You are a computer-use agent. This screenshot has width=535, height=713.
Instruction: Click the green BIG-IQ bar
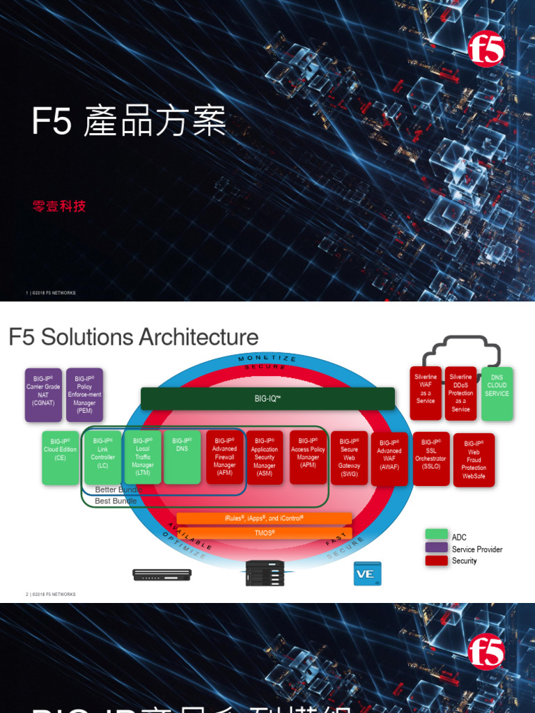267,398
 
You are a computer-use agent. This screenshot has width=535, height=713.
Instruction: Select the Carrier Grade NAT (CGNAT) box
43,395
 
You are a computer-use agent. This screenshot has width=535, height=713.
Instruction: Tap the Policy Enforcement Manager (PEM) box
84,395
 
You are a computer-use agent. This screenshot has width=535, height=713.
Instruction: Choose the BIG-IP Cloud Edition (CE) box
60,457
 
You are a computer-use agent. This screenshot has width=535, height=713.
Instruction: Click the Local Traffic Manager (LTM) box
142,457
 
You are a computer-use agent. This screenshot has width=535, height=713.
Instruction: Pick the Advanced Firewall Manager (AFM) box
224,457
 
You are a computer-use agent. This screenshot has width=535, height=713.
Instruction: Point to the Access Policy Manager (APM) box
308,457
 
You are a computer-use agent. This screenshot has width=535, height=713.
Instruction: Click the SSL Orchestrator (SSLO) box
431,457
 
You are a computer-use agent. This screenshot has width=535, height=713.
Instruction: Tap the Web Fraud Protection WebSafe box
474,460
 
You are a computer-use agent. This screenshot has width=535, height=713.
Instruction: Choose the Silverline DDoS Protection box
460,393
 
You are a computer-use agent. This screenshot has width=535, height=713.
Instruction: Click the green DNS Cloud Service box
497,393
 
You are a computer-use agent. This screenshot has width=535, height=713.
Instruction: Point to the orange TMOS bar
265,533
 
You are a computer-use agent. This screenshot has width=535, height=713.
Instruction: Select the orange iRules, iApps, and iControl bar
265,518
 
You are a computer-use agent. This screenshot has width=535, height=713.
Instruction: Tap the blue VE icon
368,574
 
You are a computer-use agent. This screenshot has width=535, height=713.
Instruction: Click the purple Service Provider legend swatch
437,549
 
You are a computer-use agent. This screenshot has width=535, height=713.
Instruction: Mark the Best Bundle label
116,501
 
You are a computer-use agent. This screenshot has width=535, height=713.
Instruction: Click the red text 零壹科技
59,206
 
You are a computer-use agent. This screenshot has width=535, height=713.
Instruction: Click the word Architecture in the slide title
198,338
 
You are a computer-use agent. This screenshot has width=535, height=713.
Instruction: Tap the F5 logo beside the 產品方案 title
486,48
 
